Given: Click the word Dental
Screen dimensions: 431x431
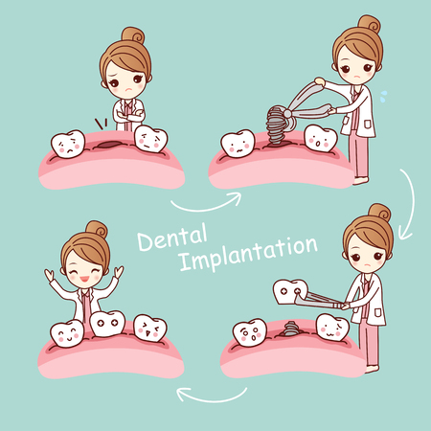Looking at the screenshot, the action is click(172, 237).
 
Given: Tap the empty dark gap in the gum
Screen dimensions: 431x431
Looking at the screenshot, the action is click(107, 145).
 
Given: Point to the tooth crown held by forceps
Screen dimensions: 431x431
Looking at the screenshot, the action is click(290, 291).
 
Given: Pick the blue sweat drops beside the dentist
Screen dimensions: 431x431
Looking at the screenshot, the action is click(383, 96).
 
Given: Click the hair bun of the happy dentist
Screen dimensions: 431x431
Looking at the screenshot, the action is click(97, 229).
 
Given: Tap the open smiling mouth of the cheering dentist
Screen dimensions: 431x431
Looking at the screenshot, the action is click(84, 279).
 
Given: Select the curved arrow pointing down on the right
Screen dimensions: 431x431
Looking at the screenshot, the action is click(410, 204).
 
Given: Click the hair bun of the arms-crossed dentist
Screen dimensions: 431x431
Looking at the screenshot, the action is click(133, 35).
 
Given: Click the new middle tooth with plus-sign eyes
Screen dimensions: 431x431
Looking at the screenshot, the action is click(107, 323).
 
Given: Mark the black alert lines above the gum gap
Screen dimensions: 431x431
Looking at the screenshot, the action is click(101, 124).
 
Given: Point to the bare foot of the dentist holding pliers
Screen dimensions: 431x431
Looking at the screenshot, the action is click(361, 181).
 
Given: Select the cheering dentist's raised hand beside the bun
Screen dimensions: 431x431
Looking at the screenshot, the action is click(119, 272).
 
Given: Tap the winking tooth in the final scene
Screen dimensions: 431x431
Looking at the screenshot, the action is click(150, 328).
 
